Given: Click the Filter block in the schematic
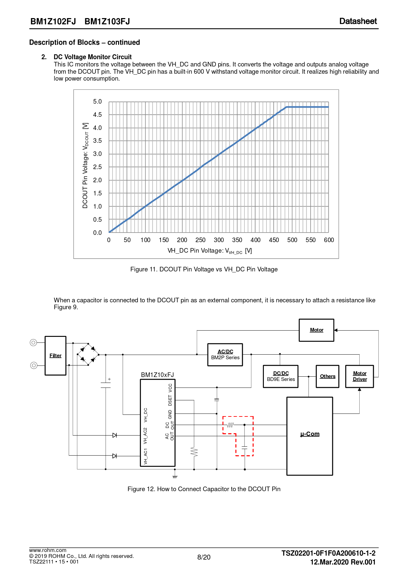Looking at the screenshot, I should point(55,356).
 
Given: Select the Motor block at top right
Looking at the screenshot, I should point(317,330).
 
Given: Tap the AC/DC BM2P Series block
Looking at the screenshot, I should point(225,355).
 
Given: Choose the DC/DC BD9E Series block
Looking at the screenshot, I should point(281,376).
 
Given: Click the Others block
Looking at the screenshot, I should point(328,376).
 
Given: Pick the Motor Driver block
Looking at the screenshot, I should point(360,376).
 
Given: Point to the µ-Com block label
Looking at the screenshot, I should point(310,434).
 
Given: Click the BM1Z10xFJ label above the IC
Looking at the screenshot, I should point(157,375).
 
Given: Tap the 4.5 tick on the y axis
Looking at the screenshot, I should point(97,115).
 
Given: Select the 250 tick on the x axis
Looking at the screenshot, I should point(200,240).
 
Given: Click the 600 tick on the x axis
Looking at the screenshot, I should point(329,240).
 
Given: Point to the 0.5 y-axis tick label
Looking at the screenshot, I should point(97,220).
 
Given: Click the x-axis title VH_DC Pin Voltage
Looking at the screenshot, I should point(210,251).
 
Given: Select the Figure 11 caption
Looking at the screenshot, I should point(204,269).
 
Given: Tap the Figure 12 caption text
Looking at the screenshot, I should point(204,489).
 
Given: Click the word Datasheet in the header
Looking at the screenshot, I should point(358,21).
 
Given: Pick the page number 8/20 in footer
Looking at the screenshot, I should point(204,557).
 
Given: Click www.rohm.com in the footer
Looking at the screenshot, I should point(48,550).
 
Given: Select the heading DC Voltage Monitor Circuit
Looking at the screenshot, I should point(92,57).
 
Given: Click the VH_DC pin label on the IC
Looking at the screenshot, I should point(145,415).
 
